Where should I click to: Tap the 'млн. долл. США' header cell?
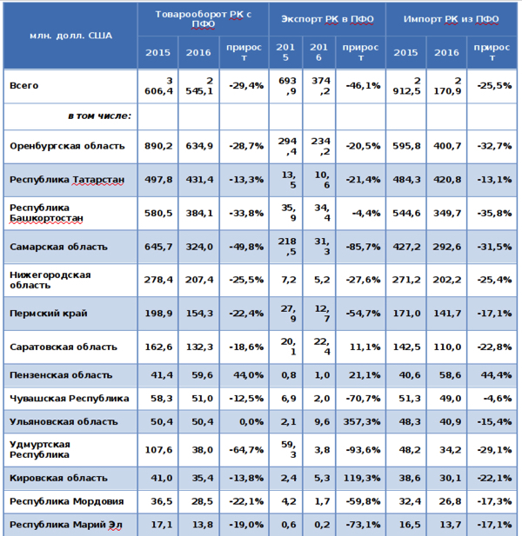[x=70, y=36]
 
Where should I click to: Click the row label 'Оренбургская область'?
[x=67, y=146]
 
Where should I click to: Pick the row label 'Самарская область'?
[x=58, y=248]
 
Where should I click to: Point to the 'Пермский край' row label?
[x=49, y=313]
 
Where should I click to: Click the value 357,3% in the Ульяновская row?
[x=361, y=421]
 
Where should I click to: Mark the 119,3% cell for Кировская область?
[x=361, y=477]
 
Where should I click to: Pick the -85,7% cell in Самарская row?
[x=362, y=248]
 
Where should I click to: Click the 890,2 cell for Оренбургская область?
[x=157, y=146]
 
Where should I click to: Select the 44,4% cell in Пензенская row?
[x=493, y=375]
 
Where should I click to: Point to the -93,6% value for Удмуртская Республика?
[x=362, y=450]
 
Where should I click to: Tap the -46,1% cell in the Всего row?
[x=362, y=86]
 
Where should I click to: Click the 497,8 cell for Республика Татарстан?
[x=157, y=180]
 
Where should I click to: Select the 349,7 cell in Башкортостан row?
[x=446, y=213]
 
